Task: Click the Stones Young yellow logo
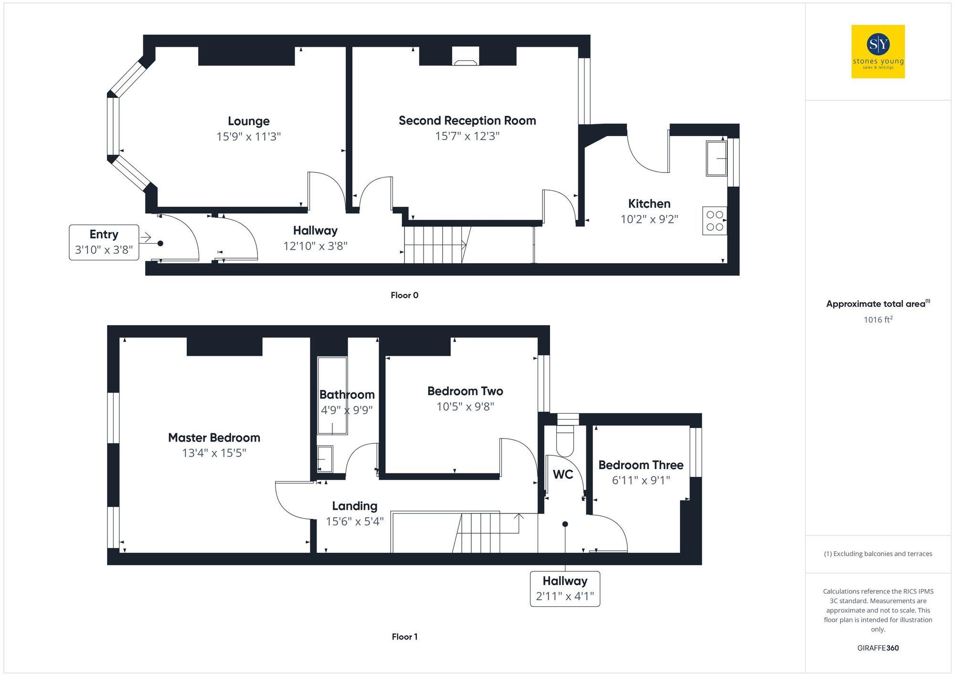pyautogui.click(x=878, y=52)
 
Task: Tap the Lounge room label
pyautogui.click(x=248, y=121)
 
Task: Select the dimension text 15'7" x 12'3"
pyautogui.click(x=467, y=136)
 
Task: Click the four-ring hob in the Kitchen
pyautogui.click(x=714, y=221)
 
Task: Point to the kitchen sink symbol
pyautogui.click(x=716, y=158)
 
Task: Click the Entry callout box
pyautogui.click(x=104, y=242)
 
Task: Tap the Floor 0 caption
pyautogui.click(x=404, y=295)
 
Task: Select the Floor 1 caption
pyautogui.click(x=404, y=636)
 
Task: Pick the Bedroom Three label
pyautogui.click(x=641, y=465)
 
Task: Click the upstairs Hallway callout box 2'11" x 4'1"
pyautogui.click(x=565, y=589)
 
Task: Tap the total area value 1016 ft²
pyautogui.click(x=878, y=320)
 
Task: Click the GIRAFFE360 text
pyautogui.click(x=878, y=648)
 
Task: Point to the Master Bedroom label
pyautogui.click(x=214, y=438)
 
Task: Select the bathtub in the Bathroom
pyautogui.click(x=332, y=396)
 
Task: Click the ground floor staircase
pyautogui.click(x=435, y=245)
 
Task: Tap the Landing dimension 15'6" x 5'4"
pyautogui.click(x=354, y=521)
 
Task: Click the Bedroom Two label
pyautogui.click(x=465, y=391)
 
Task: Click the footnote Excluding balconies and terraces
pyautogui.click(x=878, y=554)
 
